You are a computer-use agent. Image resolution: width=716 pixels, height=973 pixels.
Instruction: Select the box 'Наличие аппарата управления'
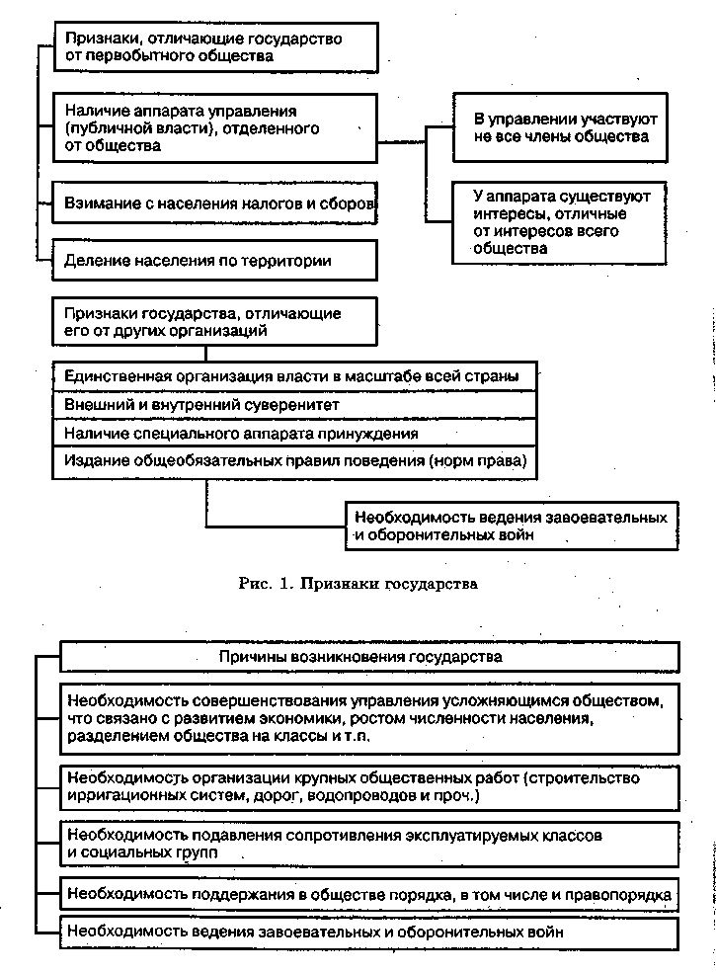click(x=215, y=128)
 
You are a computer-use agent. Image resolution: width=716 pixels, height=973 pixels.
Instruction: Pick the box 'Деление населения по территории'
click(x=215, y=262)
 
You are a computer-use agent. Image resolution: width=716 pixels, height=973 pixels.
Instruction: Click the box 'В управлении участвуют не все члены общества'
click(x=559, y=127)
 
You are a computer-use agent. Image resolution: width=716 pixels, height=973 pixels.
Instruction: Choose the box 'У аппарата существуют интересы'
click(x=559, y=222)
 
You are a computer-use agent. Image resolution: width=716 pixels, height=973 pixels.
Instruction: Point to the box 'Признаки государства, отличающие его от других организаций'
click(x=215, y=322)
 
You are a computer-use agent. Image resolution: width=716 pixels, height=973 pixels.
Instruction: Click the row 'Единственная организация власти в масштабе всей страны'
click(x=296, y=377)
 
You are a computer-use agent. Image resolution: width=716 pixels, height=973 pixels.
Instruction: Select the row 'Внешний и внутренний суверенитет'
click(x=296, y=405)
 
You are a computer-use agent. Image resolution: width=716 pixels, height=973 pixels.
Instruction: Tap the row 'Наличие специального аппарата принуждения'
click(x=296, y=433)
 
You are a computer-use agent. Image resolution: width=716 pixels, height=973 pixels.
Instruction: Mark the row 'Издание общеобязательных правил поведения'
click(x=296, y=460)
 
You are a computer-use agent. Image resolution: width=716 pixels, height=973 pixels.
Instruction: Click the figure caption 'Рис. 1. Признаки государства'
click(x=358, y=584)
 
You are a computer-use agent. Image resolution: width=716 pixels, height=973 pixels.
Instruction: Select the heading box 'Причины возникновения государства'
click(x=370, y=656)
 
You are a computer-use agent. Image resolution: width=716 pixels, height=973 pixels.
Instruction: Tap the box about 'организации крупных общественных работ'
click(x=370, y=787)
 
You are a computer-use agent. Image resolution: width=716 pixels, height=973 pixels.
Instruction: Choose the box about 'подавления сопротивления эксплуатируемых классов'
click(x=370, y=844)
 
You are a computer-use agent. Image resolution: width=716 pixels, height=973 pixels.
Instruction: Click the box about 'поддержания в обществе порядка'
click(x=370, y=894)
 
